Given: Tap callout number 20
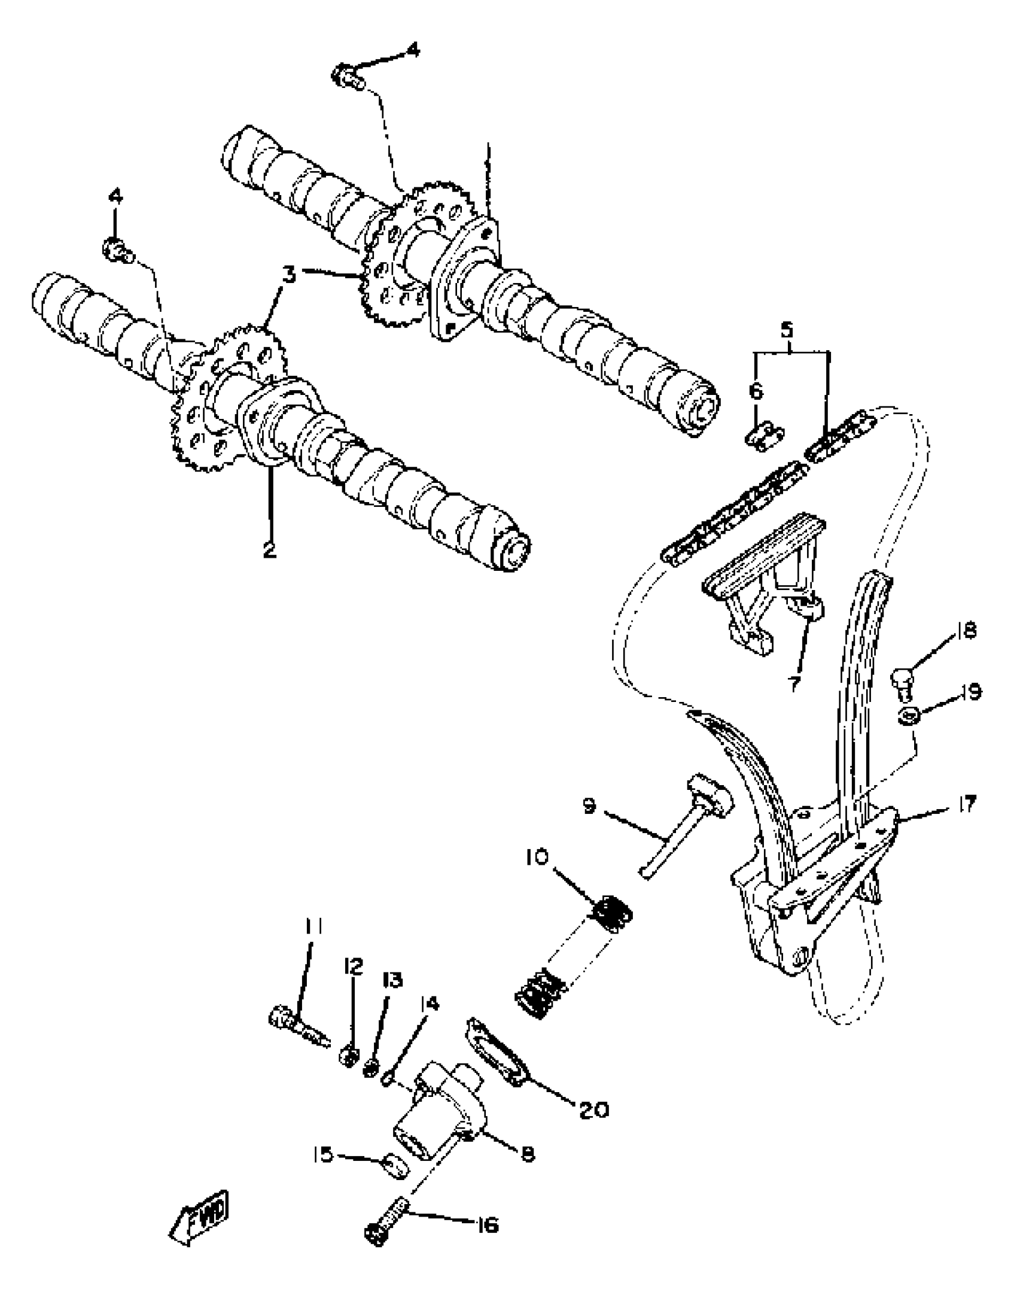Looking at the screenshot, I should pyautogui.click(x=593, y=1109).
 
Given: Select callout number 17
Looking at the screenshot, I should pyautogui.click(x=965, y=804).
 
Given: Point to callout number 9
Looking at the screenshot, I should pyautogui.click(x=590, y=807).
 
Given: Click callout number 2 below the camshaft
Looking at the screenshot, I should pyautogui.click(x=270, y=548).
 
